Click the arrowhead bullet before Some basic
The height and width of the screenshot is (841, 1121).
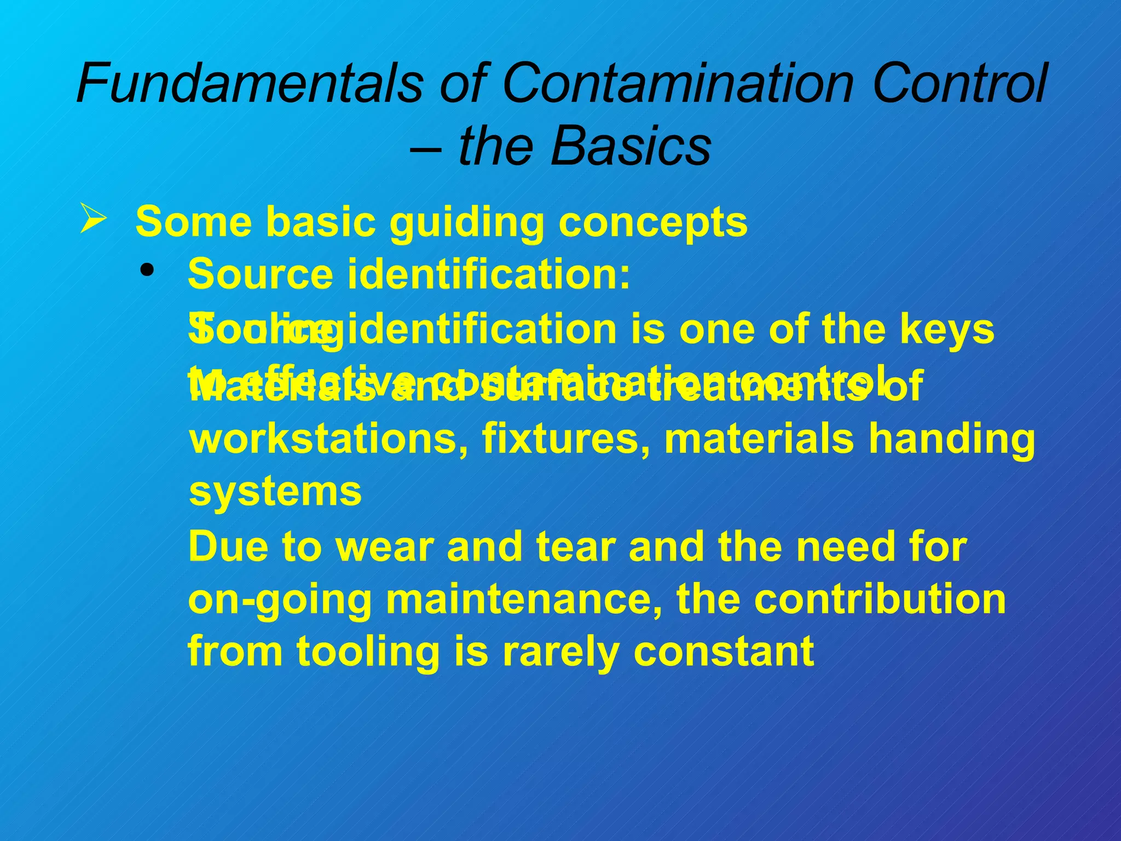93,218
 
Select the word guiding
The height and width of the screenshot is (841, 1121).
465,222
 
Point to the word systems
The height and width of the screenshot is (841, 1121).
275,492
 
